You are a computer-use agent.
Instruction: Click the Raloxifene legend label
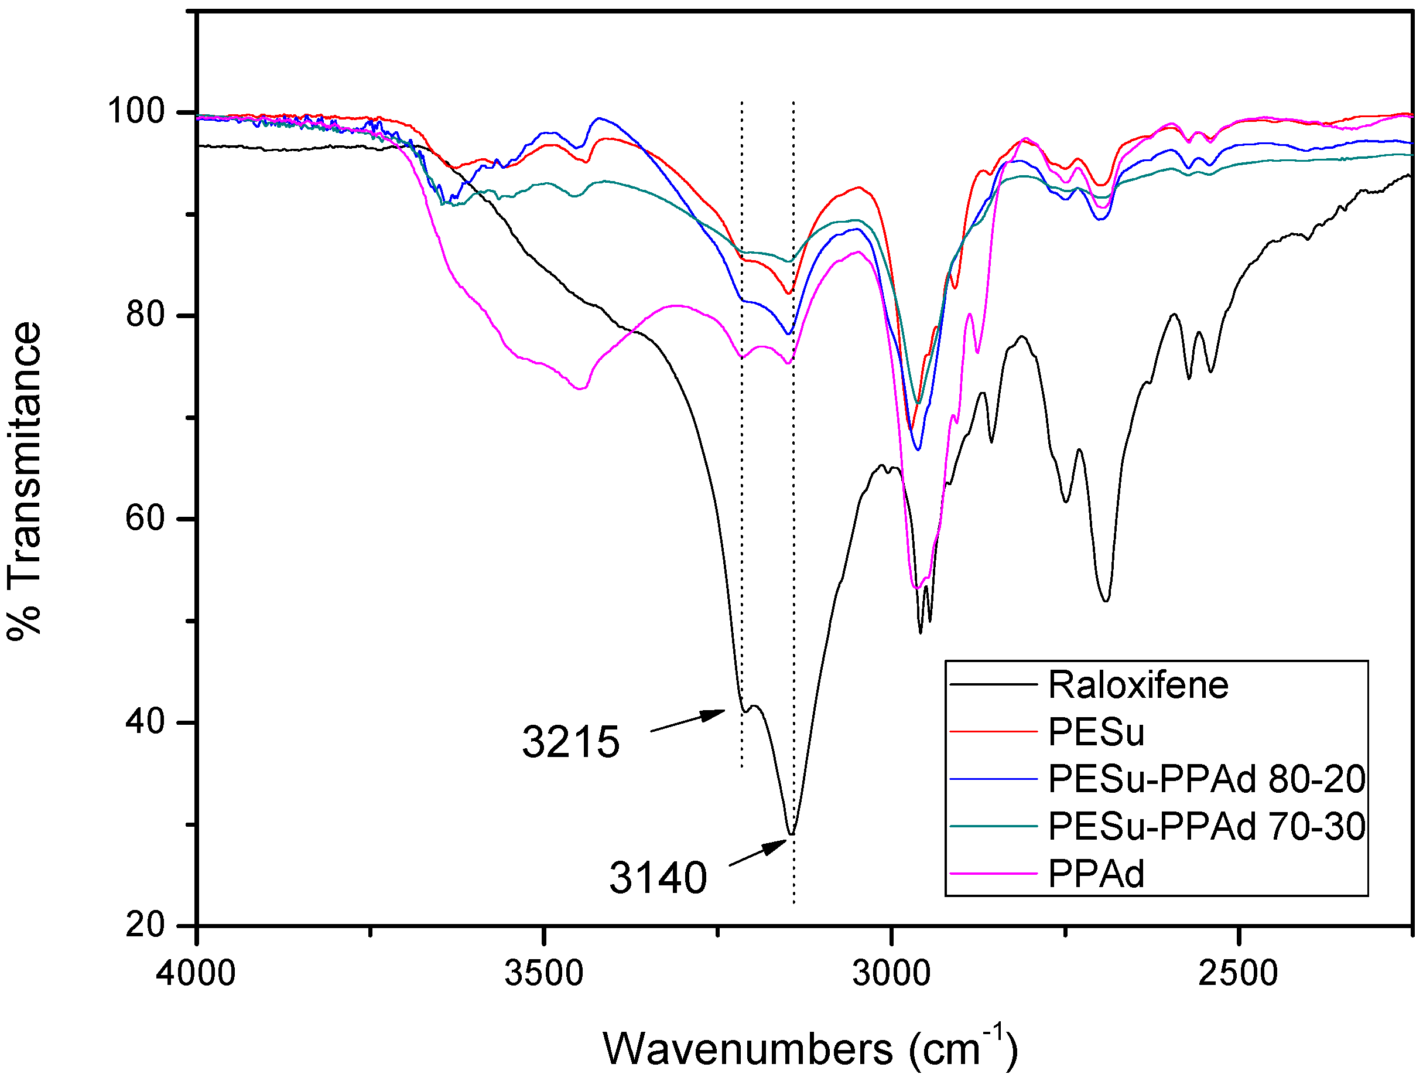click(x=1138, y=685)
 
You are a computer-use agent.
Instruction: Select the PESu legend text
click(x=1096, y=732)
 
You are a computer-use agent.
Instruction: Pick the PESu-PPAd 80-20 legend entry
click(x=1207, y=779)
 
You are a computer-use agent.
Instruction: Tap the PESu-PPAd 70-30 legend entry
click(x=1207, y=826)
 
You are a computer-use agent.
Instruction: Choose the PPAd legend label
click(x=1096, y=873)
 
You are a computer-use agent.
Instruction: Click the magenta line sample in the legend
click(x=993, y=873)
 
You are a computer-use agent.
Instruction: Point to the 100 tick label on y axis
click(x=136, y=111)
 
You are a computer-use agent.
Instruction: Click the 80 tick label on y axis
click(x=145, y=315)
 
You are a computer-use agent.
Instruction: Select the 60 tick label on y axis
click(x=145, y=518)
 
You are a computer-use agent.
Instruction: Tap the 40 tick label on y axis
click(x=145, y=721)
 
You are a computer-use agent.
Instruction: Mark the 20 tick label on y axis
click(x=145, y=925)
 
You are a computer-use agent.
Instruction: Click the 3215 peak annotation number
click(x=570, y=742)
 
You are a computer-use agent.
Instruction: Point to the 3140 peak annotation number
click(x=658, y=878)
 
